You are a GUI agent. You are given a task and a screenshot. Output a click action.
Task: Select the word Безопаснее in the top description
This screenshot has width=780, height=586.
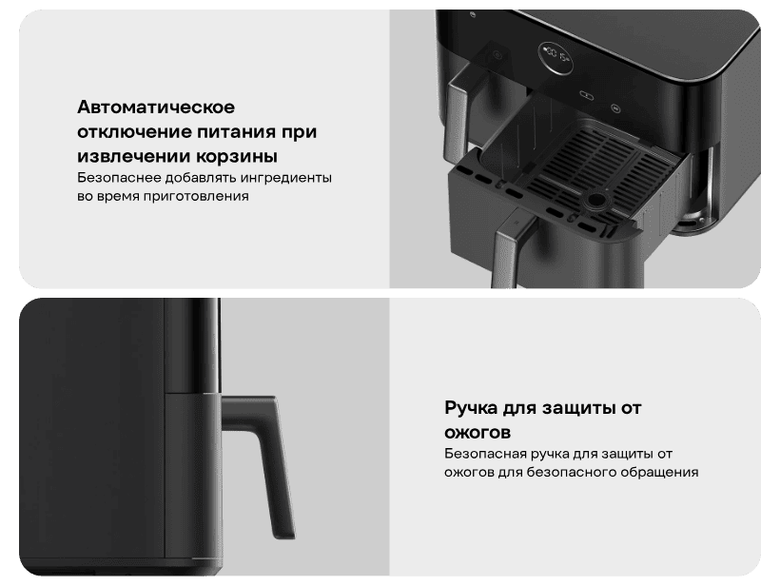[119, 178]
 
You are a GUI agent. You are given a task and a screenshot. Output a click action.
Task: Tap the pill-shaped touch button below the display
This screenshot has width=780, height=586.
[584, 94]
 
